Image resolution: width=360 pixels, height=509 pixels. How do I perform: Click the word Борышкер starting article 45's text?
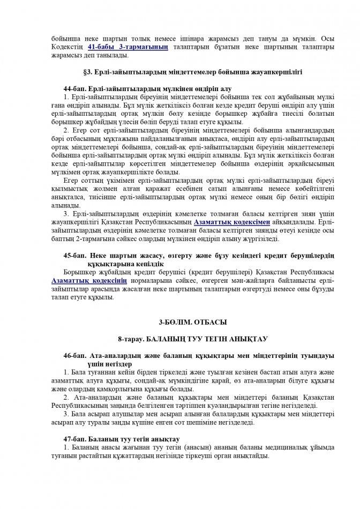coord(79,272)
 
